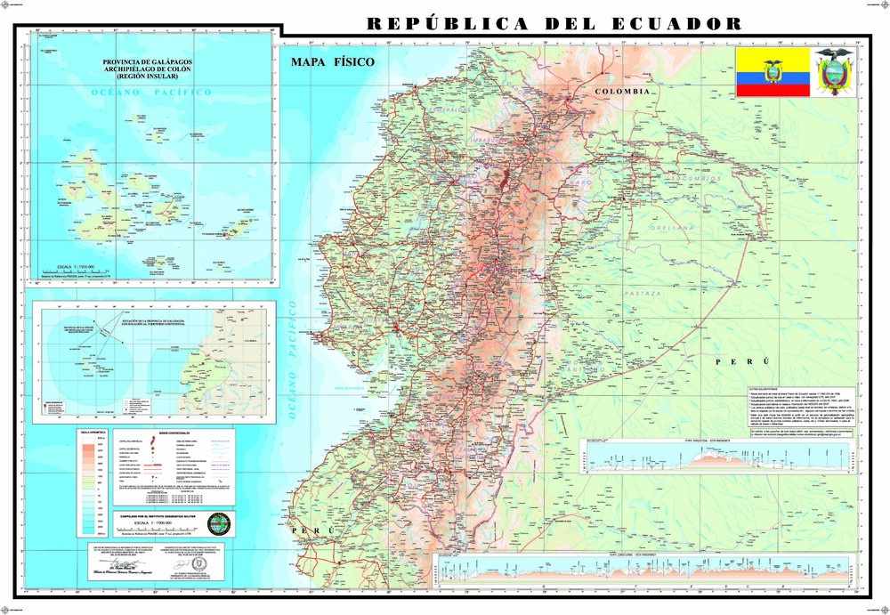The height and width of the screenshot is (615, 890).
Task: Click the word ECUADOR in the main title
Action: click(x=676, y=23)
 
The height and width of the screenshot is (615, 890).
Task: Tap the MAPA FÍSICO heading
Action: click(x=332, y=62)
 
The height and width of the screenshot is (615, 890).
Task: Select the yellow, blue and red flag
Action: click(x=772, y=73)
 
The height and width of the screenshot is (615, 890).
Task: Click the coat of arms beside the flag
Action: click(x=835, y=72)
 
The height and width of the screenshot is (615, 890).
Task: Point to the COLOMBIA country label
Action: click(x=624, y=92)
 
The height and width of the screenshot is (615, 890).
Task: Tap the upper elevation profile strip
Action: click(x=719, y=456)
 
